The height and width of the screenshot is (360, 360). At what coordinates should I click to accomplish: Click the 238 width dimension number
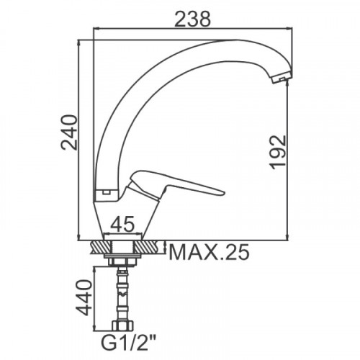point(192,19)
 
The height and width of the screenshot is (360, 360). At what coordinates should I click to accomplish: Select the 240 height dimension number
point(69,132)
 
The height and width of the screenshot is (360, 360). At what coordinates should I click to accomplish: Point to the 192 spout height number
point(278,152)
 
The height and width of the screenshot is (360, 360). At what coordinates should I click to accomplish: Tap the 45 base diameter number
point(122,225)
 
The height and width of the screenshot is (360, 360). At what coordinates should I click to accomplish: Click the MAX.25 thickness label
point(209,253)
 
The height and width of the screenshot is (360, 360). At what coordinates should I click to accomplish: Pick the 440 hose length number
point(84,297)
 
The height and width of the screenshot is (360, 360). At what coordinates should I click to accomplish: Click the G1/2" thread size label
point(129,344)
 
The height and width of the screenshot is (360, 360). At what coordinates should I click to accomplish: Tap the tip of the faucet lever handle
point(224,192)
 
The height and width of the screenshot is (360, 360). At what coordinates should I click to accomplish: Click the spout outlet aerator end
point(282,78)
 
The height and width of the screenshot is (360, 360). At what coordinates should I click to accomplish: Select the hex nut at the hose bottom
point(123,325)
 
